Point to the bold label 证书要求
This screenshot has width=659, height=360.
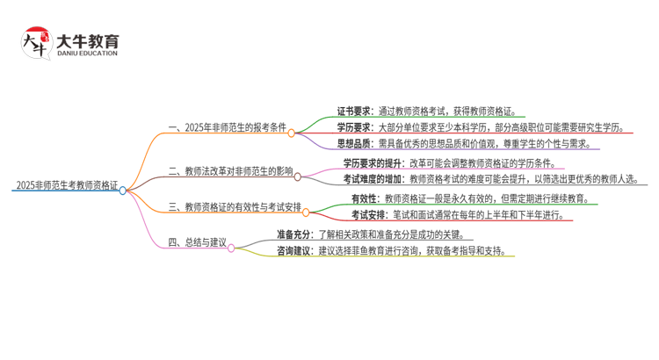pyautogui.click(x=355, y=112)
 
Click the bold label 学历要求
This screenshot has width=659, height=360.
pyautogui.click(x=355, y=128)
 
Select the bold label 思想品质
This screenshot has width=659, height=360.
pyautogui.click(x=355, y=144)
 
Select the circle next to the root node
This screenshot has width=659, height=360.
pyautogui.click(x=123, y=190)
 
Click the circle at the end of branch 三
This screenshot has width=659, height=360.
pyautogui.click(x=306, y=212)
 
